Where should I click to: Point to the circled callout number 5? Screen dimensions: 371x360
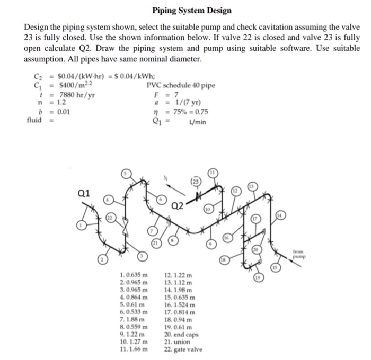click(126, 174)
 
